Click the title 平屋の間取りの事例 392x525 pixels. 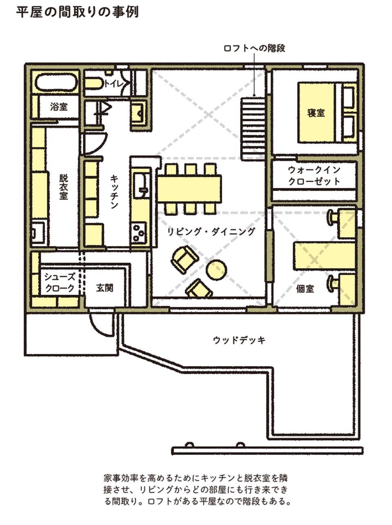pyautogui.click(x=78, y=12)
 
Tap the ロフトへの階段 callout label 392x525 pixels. pyautogui.click(x=254, y=48)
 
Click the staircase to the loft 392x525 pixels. pyautogui.click(x=253, y=129)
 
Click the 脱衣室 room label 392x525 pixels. pyautogui.click(x=64, y=187)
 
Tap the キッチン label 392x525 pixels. pyautogui.click(x=114, y=192)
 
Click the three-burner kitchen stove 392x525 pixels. pyautogui.click(x=139, y=232)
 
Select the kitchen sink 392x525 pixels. pyautogui.click(x=141, y=186)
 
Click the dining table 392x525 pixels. pyautogui.click(x=189, y=189)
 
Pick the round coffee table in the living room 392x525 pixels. pyautogui.click(x=216, y=269)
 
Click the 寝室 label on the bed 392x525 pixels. pyautogui.click(x=316, y=113)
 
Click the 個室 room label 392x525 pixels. pyautogui.click(x=305, y=289)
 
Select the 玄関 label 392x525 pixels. pyautogui.click(x=105, y=288)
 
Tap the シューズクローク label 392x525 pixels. pyautogui.click(x=60, y=283)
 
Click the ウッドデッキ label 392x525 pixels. pyautogui.click(x=239, y=340)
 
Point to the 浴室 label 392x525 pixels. pyautogui.click(x=59, y=107)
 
